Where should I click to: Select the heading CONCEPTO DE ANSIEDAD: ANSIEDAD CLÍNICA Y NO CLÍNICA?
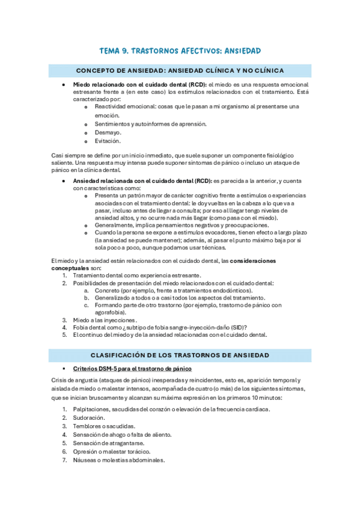(180, 70)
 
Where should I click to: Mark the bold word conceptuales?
(75, 268)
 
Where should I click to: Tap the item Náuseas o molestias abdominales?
(118, 460)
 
